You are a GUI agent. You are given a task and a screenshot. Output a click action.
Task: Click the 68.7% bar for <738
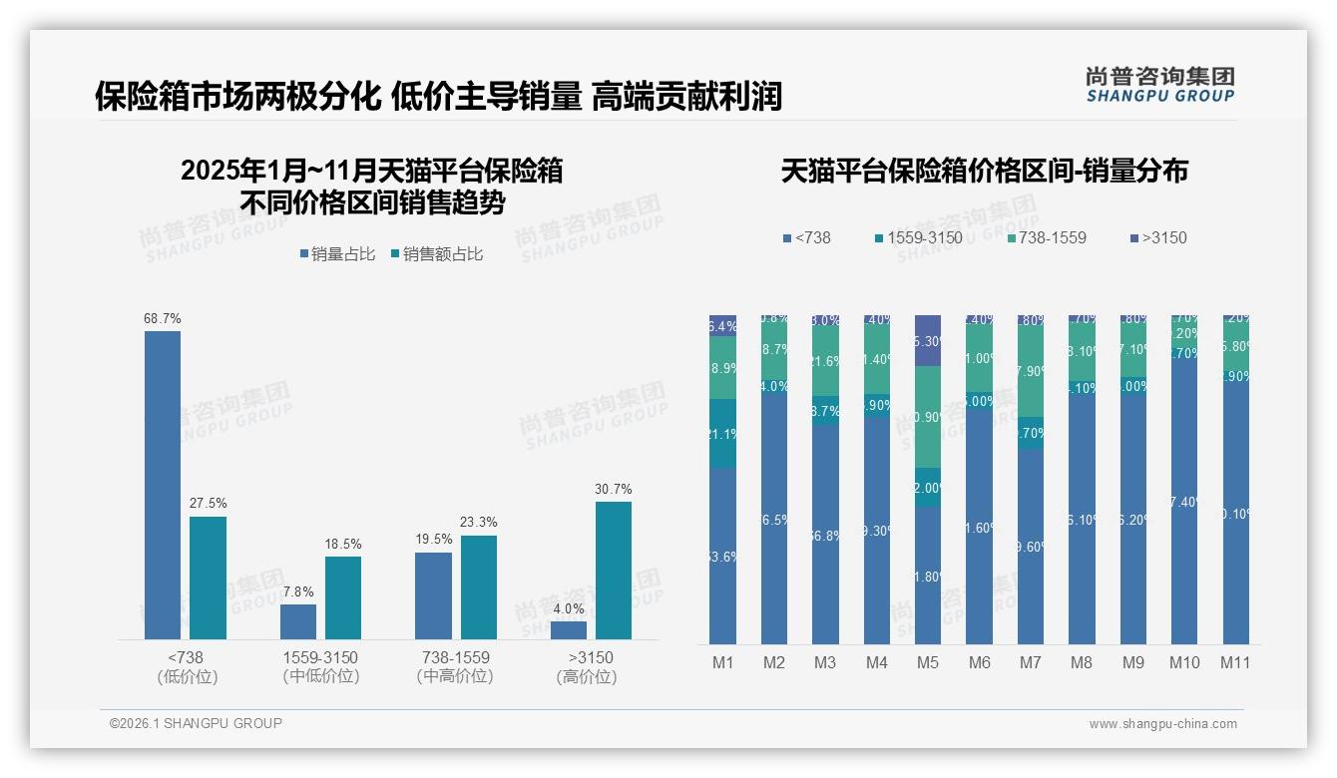pyautogui.click(x=163, y=485)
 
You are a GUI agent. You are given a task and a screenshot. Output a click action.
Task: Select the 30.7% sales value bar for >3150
pyautogui.click(x=614, y=571)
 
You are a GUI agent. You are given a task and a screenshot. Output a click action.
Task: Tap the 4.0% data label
pyautogui.click(x=569, y=608)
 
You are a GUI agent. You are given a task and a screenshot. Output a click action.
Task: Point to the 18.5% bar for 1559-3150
pyautogui.click(x=343, y=597)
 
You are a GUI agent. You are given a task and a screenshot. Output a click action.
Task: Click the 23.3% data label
pyautogui.click(x=479, y=523)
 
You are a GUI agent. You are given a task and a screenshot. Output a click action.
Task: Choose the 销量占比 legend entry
pyautogui.click(x=337, y=254)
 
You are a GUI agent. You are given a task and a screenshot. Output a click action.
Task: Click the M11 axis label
pyautogui.click(x=1235, y=662)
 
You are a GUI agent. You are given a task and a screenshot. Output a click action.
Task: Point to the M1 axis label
pyautogui.click(x=722, y=662)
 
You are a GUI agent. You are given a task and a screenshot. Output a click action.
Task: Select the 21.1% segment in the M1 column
pyautogui.click(x=722, y=434)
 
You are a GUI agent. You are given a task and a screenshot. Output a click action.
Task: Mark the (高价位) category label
pyautogui.click(x=587, y=677)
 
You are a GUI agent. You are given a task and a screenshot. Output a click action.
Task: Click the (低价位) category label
pyautogui.click(x=187, y=677)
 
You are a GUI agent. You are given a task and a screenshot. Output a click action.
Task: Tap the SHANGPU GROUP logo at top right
pyautogui.click(x=1159, y=84)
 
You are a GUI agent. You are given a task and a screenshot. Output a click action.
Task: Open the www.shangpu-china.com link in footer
pyautogui.click(x=1162, y=724)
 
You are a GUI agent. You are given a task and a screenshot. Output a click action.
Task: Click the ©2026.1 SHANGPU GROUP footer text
pyautogui.click(x=196, y=723)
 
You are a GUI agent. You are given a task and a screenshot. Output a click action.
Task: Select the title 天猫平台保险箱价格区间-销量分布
pyautogui.click(x=984, y=171)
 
